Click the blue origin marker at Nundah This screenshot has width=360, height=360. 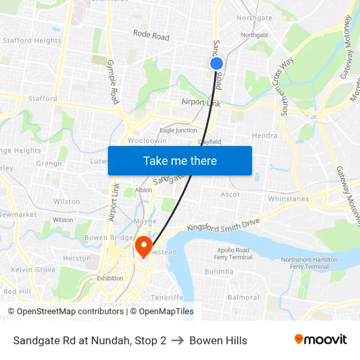[x=217, y=63]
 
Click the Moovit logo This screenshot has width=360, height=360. [x=320, y=340]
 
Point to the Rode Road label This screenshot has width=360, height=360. [x=151, y=35]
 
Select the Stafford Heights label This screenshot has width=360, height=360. [x=31, y=41]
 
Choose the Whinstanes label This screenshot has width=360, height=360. [x=288, y=198]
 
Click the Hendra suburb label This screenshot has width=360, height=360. [x=264, y=135]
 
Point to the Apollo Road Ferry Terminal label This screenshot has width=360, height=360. [x=234, y=254]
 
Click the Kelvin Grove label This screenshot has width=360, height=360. [x=33, y=270]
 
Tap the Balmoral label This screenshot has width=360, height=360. [x=243, y=297]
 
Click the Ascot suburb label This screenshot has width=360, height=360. [x=230, y=194]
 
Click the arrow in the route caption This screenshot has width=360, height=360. [x=177, y=340]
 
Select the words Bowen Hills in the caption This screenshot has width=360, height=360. [x=218, y=340]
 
